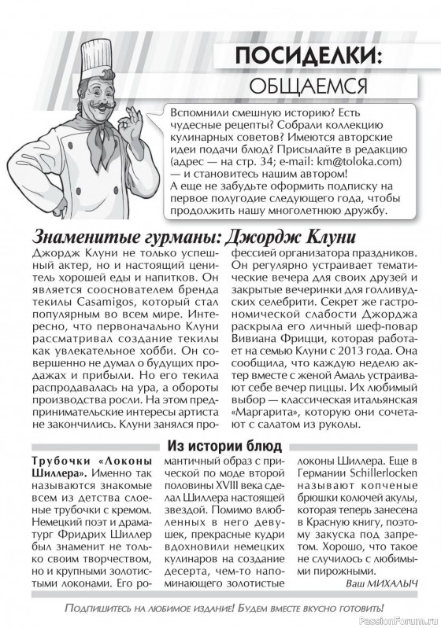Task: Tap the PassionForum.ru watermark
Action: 402,621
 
